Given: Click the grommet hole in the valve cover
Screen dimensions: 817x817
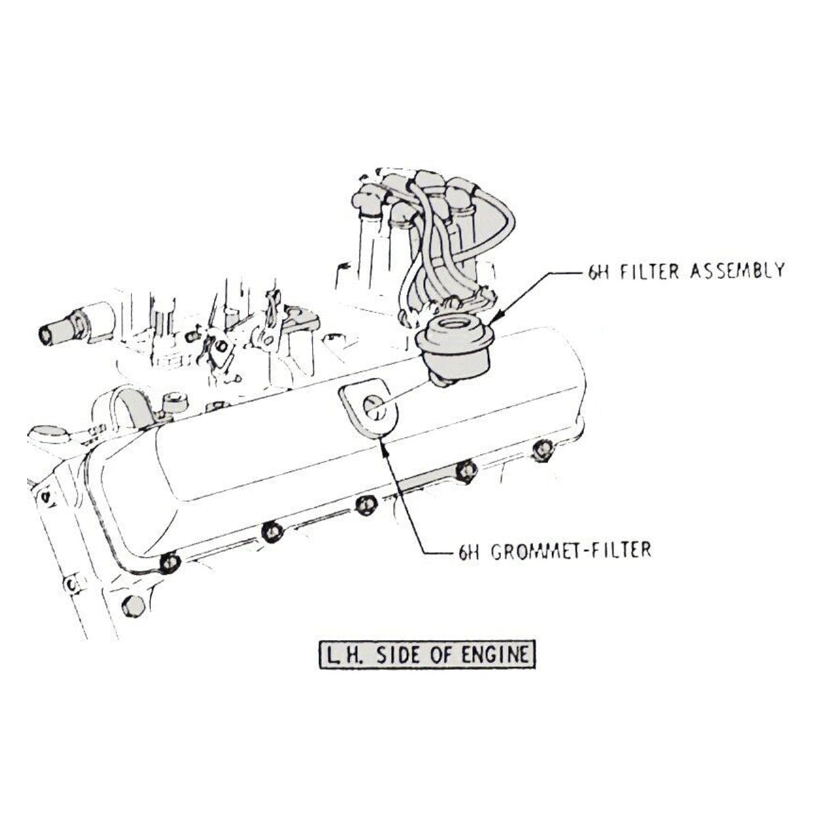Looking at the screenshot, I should pos(372,407).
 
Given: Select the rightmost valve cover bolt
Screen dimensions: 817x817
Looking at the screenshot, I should pos(541,450).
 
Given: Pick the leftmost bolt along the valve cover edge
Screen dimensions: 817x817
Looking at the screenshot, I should pos(169,562).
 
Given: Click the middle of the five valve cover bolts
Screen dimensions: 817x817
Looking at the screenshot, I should pos(366,504).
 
